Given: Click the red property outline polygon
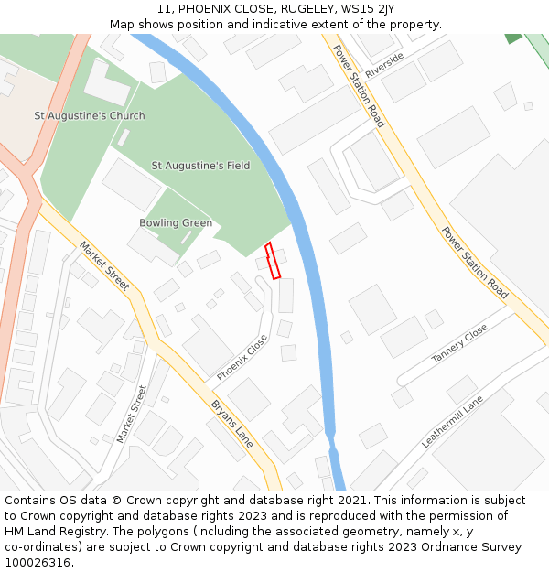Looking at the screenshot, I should click(x=273, y=261).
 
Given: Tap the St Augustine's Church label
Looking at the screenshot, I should click(x=90, y=116).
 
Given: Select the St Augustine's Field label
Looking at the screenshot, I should click(x=200, y=166).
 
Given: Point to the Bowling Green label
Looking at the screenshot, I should click(x=176, y=223).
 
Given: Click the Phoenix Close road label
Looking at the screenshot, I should click(x=242, y=358).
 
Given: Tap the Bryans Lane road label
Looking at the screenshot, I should click(x=232, y=423).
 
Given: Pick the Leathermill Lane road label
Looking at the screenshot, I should click(x=452, y=422).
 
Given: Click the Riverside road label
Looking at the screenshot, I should click(x=383, y=65).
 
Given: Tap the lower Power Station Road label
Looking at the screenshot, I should click(x=475, y=263).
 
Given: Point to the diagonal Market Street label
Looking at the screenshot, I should click(x=104, y=266).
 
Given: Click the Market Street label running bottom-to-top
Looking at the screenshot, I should click(x=132, y=414).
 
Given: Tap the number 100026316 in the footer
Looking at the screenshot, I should click(x=37, y=562).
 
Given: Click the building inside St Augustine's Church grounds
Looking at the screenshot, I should click(x=107, y=82).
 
